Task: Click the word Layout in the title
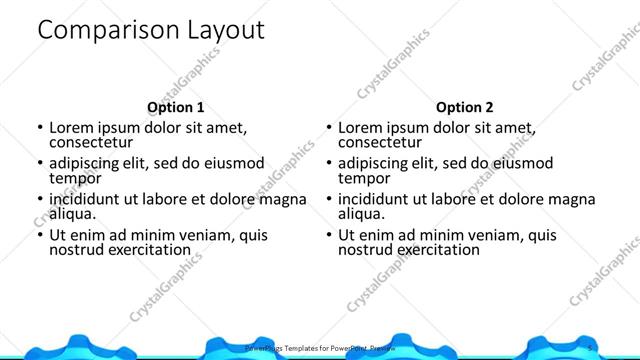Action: click(225, 31)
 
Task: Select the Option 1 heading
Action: click(176, 108)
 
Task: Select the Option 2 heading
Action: click(465, 108)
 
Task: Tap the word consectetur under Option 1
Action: click(93, 142)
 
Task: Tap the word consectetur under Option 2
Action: click(381, 142)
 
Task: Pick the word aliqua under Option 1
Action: click(72, 214)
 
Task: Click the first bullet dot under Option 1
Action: click(40, 129)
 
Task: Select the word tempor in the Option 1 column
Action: click(75, 178)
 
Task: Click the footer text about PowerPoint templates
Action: click(320, 348)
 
